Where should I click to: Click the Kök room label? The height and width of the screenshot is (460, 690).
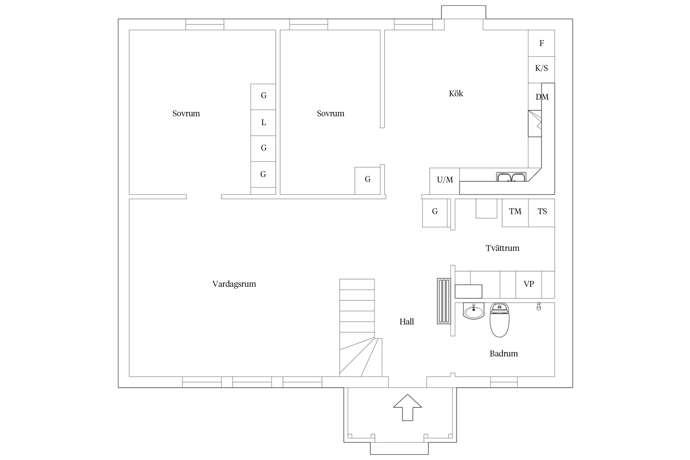[x=456, y=94]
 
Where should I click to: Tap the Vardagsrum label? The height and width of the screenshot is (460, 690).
[x=234, y=284]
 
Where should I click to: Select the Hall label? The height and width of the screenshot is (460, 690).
[x=407, y=321]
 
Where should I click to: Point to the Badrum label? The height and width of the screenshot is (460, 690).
[x=504, y=354]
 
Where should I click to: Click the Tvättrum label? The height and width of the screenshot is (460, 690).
[x=502, y=248]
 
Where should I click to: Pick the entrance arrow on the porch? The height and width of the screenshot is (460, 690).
[x=408, y=408]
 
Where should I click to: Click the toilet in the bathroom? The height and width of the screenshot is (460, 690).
[x=500, y=320]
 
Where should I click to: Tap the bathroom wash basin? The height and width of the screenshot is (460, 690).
[x=473, y=311]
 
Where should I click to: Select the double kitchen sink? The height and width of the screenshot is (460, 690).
[x=511, y=177]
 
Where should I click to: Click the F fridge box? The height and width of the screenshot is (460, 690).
[x=541, y=43]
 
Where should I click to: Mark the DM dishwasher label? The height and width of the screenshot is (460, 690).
[x=542, y=97]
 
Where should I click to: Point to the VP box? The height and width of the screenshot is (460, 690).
[x=529, y=285]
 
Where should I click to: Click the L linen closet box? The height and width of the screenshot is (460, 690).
[x=263, y=123]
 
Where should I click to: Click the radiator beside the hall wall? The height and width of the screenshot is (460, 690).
[x=444, y=301]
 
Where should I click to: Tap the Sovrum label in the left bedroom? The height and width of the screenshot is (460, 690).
[x=186, y=114]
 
